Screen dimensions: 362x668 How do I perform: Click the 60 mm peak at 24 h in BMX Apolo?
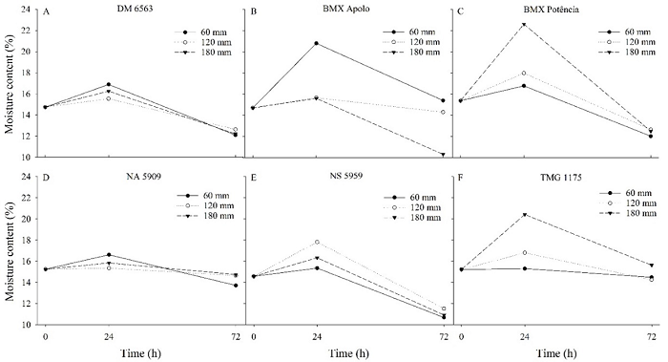[x=315, y=43]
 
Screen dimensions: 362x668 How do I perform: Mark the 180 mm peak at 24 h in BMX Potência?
[x=524, y=24]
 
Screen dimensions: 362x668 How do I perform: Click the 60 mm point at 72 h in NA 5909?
[x=235, y=286]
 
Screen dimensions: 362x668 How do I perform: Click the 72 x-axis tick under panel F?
[x=651, y=337]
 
